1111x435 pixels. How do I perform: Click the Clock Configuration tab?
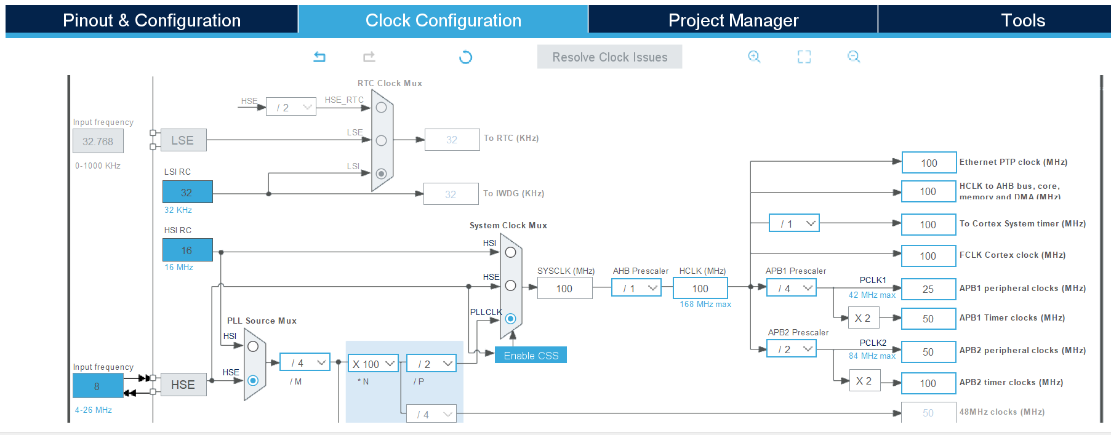(x=443, y=20)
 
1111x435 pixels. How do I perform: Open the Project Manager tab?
(x=733, y=20)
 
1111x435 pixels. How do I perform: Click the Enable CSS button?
(x=531, y=356)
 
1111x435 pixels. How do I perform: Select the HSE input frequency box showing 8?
(x=97, y=386)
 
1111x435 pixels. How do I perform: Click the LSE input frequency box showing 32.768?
(x=98, y=142)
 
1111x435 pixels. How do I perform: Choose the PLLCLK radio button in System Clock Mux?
(x=510, y=319)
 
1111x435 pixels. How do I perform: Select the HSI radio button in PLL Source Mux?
(x=252, y=346)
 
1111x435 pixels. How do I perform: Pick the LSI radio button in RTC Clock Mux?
(x=381, y=174)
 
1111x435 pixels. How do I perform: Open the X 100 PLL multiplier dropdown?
(x=373, y=364)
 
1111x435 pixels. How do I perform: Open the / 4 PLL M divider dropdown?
(x=305, y=363)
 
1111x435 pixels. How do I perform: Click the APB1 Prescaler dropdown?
(x=792, y=288)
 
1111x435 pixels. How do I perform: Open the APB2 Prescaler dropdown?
(x=792, y=349)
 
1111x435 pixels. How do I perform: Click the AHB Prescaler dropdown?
(x=636, y=288)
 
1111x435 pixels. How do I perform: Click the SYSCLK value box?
(x=564, y=289)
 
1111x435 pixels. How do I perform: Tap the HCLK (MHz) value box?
(x=700, y=289)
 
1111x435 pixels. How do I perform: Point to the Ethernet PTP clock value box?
(x=929, y=163)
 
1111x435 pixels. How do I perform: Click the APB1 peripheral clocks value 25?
(x=928, y=289)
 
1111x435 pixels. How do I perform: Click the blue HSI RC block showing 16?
(x=187, y=250)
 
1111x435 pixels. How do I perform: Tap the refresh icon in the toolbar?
(x=465, y=57)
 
